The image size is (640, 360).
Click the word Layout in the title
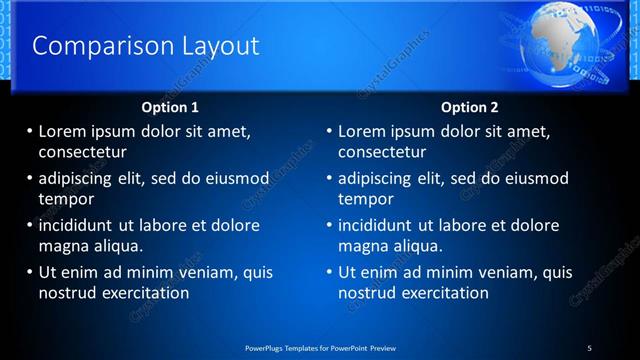click(x=214, y=46)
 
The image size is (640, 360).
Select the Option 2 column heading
click(x=469, y=107)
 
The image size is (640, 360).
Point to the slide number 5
click(x=590, y=347)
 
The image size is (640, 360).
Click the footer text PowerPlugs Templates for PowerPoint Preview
click(x=321, y=347)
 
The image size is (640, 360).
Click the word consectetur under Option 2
click(x=382, y=153)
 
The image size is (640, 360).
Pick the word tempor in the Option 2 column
click(x=366, y=199)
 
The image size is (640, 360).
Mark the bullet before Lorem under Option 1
click(x=29, y=131)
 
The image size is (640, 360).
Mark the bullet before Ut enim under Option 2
click(x=329, y=272)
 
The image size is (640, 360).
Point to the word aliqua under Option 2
click(x=420, y=246)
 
